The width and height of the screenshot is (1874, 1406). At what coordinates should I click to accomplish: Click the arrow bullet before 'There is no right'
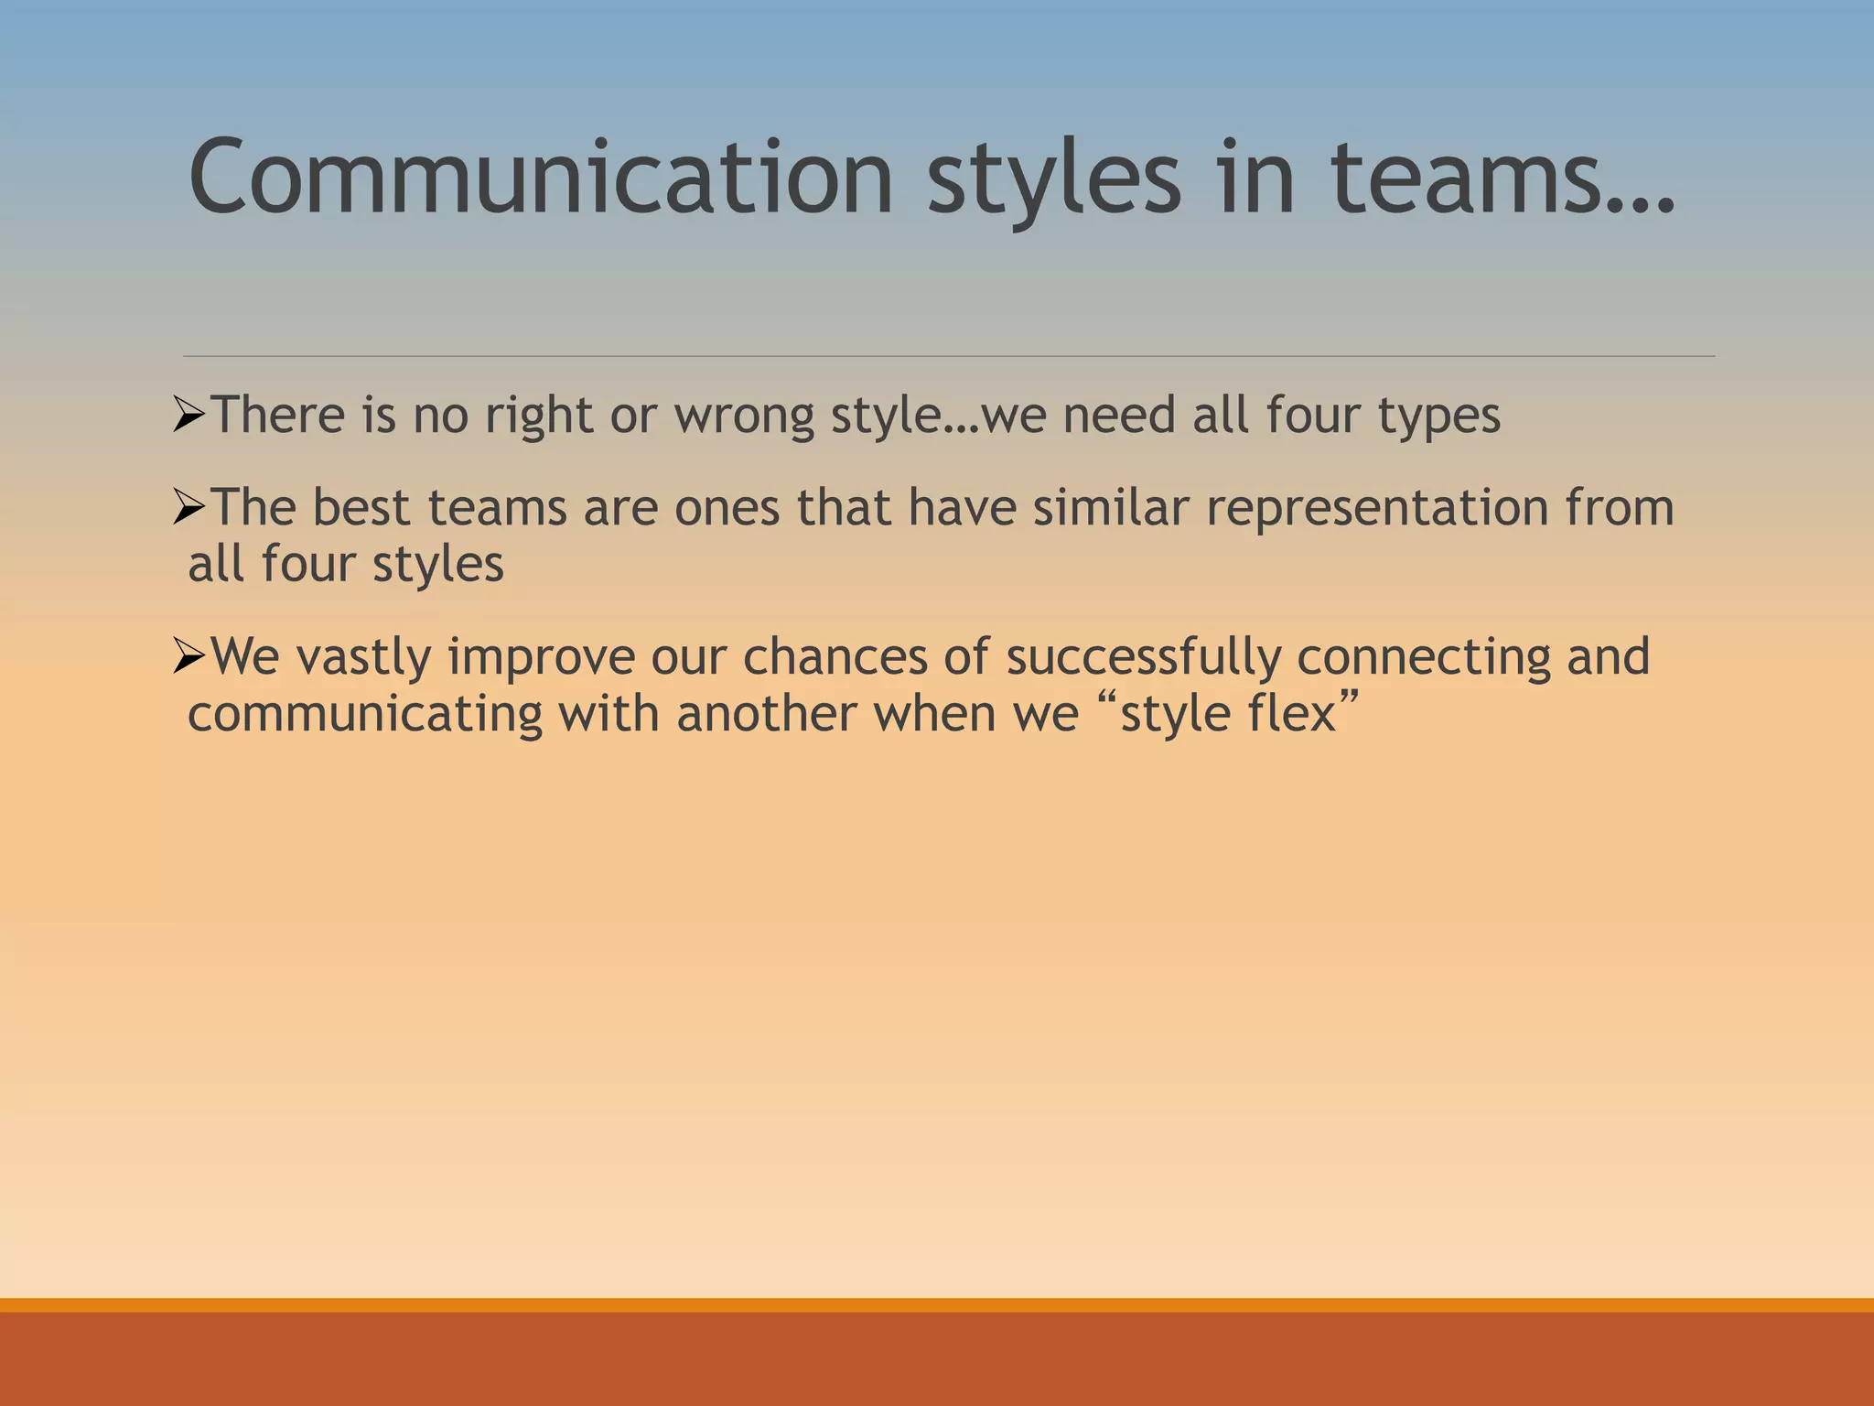point(188,416)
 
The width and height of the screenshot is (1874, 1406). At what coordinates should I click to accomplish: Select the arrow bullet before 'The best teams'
point(188,509)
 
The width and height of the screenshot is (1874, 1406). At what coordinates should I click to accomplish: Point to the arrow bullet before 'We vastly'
point(188,657)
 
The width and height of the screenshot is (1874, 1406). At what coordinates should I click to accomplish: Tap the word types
point(1438,416)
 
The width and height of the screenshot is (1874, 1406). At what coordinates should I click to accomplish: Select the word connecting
point(1424,658)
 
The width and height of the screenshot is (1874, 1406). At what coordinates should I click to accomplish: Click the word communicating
point(365,715)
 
